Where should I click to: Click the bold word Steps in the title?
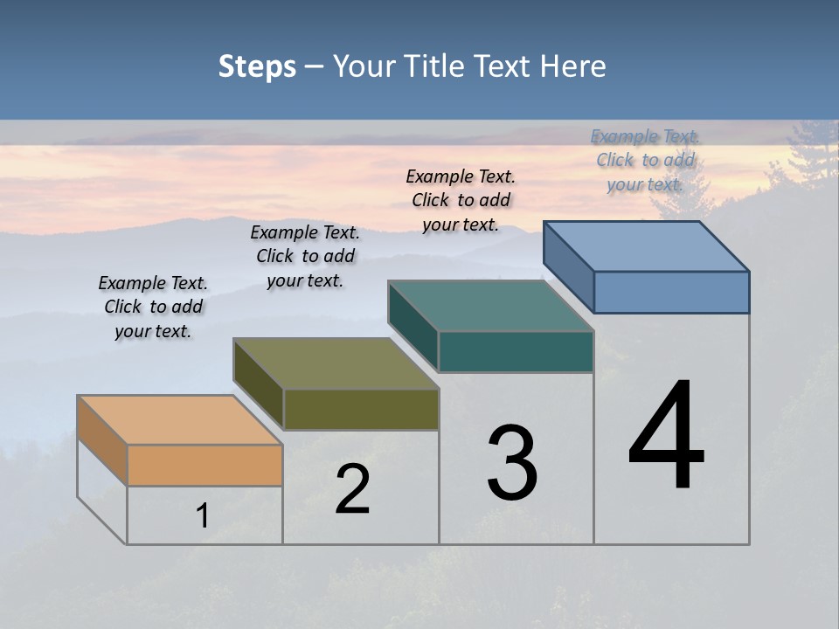pos(257,66)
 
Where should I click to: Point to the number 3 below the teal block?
pos(512,463)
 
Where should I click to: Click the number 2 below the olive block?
pos(353,489)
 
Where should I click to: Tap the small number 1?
pos(203,515)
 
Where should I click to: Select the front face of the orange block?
pos(205,465)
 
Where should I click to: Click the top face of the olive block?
pos(336,363)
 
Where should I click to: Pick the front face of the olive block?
pos(361,409)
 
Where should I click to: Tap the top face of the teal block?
pos(491,306)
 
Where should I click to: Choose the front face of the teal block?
pos(516,351)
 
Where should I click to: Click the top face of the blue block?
pos(647,246)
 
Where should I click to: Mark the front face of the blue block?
pos(671,292)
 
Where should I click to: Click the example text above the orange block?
pos(153,307)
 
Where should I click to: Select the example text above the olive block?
pos(305,256)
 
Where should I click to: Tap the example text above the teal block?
pos(461,200)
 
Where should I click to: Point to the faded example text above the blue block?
pos(645,160)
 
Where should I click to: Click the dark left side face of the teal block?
pos(413,326)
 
